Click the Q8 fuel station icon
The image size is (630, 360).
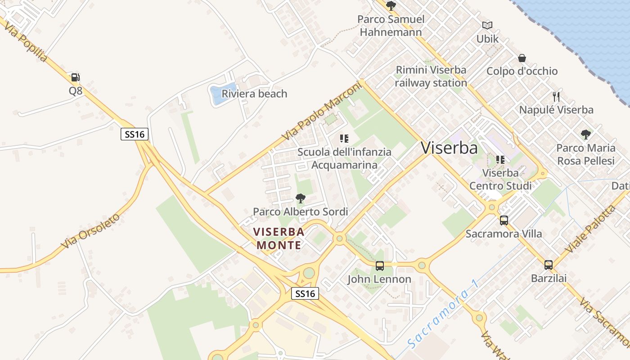(x=75, y=77)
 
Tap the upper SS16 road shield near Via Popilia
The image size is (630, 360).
(x=135, y=134)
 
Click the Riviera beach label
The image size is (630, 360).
(x=254, y=94)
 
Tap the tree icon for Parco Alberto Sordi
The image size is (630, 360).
(x=300, y=198)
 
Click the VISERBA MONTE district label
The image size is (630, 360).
(x=279, y=238)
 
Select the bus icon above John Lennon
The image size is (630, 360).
(x=380, y=266)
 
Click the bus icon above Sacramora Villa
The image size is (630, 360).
(x=504, y=220)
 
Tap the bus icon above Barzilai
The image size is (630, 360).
(x=548, y=265)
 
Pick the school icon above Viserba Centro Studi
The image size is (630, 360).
(x=500, y=160)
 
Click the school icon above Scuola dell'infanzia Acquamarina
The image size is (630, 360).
(x=344, y=139)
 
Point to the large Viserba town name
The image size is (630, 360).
(x=449, y=148)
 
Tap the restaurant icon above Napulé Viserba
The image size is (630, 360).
(x=556, y=96)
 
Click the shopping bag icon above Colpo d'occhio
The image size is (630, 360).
(x=522, y=58)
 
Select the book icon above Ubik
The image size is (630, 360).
(x=487, y=26)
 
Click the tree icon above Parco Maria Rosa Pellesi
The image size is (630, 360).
(x=585, y=134)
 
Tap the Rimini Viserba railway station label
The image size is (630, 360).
(x=431, y=76)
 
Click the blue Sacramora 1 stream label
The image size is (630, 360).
(x=443, y=314)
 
